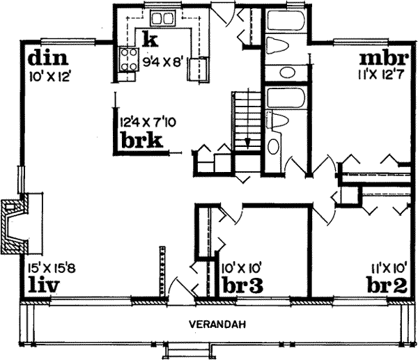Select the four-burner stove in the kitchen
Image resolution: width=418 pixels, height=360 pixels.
coord(130,57)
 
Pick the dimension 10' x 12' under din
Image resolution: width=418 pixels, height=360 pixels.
coord(47,72)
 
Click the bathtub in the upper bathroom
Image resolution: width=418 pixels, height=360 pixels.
coord(284,20)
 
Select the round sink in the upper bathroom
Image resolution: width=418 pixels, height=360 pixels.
coord(285,72)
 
